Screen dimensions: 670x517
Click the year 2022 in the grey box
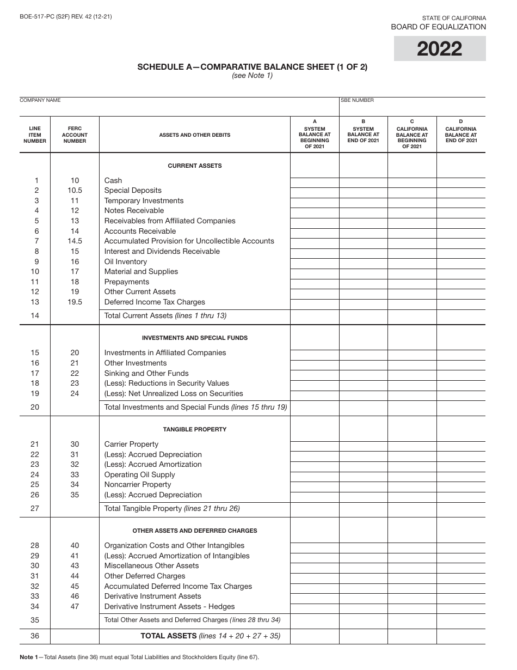[x=440, y=49]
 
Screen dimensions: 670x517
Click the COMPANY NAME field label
[x=40, y=100]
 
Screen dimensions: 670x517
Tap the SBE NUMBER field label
[x=358, y=100]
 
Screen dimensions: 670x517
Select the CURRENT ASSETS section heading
[x=194, y=166]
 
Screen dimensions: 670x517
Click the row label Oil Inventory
[x=126, y=261]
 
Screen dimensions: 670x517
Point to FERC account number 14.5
[x=75, y=241]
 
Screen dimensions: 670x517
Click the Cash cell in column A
[x=315, y=182]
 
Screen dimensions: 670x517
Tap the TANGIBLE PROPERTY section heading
[x=194, y=429]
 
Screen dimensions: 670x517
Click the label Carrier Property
[x=131, y=444]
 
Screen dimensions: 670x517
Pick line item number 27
[x=35, y=509]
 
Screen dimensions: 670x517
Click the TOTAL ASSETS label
[x=168, y=636]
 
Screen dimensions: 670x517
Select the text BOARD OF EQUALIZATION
[x=438, y=27]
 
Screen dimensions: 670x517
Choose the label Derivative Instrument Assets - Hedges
[x=169, y=606]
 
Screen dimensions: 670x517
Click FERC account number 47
[x=75, y=606]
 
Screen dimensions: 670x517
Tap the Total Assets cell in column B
[x=363, y=636]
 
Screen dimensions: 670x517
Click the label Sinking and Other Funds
[x=146, y=373]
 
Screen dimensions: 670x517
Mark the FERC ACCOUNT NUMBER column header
[x=75, y=135]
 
